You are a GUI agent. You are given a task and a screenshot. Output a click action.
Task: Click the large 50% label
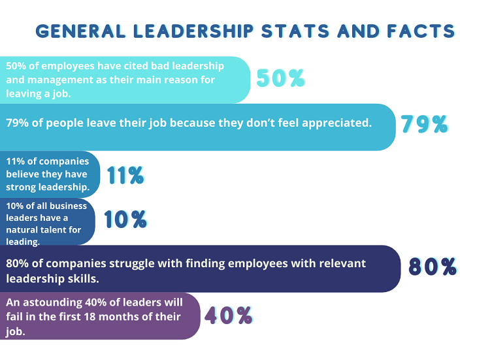point(280,78)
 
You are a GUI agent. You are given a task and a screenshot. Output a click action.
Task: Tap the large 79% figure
point(425,124)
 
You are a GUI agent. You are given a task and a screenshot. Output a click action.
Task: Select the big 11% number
point(125,175)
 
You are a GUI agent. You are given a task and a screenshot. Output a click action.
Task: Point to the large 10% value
point(125,220)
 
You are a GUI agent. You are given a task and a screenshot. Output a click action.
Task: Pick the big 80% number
point(433,267)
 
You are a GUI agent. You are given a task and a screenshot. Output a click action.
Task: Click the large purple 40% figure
point(229,316)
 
